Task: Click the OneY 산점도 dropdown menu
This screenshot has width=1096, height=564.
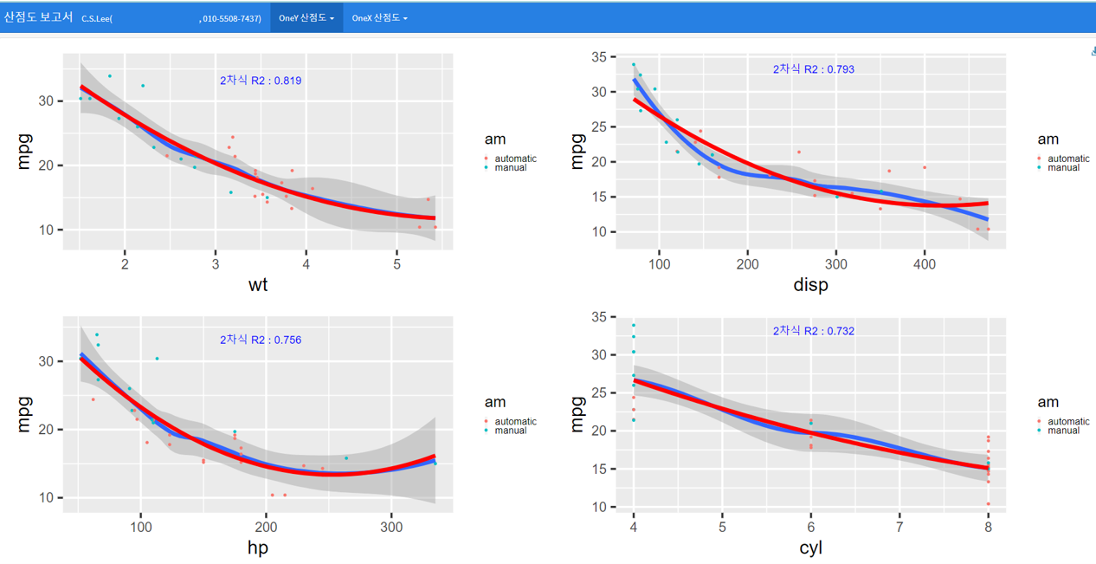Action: pyautogui.click(x=306, y=18)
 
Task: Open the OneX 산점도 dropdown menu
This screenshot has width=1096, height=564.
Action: pyautogui.click(x=379, y=18)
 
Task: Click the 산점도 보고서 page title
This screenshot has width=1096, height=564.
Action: pyautogui.click(x=38, y=17)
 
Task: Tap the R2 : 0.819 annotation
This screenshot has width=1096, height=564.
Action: pyautogui.click(x=261, y=81)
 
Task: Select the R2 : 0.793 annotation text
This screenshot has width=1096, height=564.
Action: pyautogui.click(x=814, y=69)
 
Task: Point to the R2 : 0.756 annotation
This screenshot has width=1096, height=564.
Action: pyautogui.click(x=261, y=340)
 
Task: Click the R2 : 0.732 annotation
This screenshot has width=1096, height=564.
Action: pyautogui.click(x=814, y=331)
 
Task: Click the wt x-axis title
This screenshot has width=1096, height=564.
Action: pyautogui.click(x=258, y=284)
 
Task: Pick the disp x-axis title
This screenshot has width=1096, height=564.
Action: pyautogui.click(x=810, y=284)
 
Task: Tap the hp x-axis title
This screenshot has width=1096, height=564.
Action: pyautogui.click(x=258, y=548)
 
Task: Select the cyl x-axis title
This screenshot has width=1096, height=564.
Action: pyautogui.click(x=810, y=548)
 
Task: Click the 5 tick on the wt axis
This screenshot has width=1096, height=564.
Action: pyautogui.click(x=396, y=264)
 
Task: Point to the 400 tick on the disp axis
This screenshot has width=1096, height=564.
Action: pyautogui.click(x=925, y=264)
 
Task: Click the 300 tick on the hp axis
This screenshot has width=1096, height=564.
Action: pyautogui.click(x=391, y=527)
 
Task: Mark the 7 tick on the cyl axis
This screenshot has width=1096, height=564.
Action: pyautogui.click(x=899, y=527)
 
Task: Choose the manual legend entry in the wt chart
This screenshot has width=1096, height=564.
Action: pyautogui.click(x=510, y=168)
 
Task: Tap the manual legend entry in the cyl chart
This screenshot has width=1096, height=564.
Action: pyautogui.click(x=1063, y=431)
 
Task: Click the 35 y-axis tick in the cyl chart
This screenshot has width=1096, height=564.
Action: pyautogui.click(x=598, y=317)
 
